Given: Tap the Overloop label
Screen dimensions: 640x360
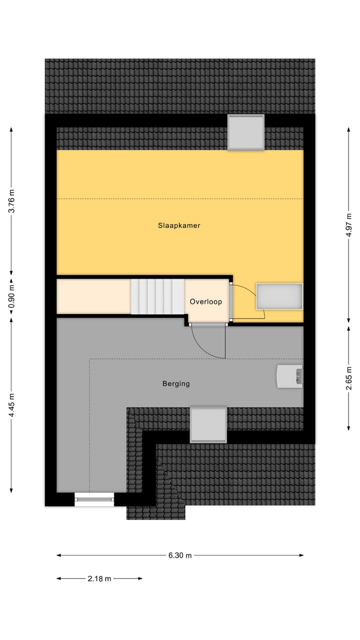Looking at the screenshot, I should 205,302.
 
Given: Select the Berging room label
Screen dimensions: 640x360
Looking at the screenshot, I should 176,384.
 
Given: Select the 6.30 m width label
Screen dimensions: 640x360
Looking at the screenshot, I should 180,555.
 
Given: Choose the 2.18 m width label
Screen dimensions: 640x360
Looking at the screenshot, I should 99,578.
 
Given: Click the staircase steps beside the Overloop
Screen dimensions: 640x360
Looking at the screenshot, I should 157,296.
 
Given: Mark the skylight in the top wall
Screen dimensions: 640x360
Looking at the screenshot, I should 245,132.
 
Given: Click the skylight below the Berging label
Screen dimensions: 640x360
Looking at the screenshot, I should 208,424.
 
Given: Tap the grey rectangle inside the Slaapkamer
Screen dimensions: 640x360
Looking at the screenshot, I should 279,296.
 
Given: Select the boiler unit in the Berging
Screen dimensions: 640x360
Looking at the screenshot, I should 289,376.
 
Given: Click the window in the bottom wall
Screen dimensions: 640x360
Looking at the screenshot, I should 94,499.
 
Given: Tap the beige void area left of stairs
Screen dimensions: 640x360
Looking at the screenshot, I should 93,296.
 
